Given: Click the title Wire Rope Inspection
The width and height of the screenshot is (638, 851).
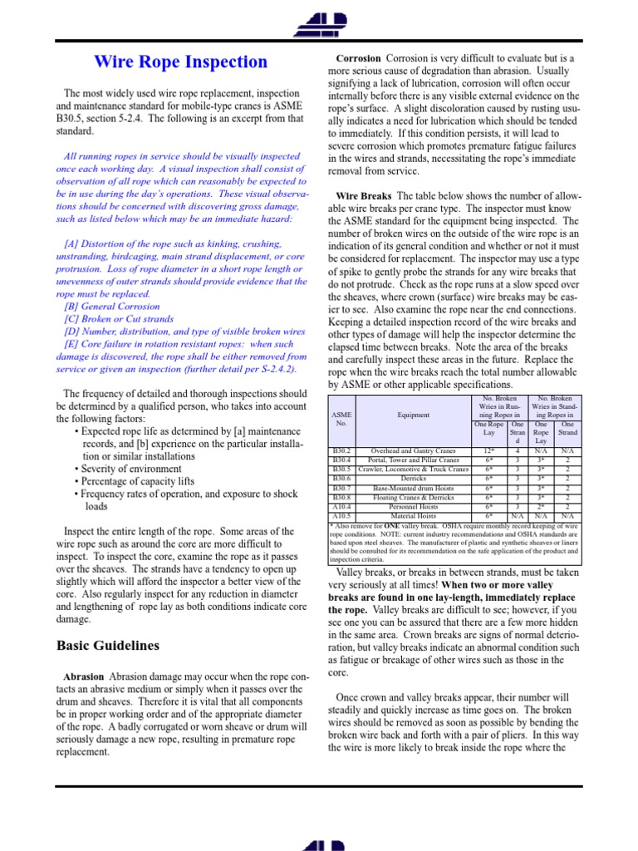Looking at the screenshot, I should (x=180, y=61).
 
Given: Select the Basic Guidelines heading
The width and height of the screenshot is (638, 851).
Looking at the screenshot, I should (x=107, y=645).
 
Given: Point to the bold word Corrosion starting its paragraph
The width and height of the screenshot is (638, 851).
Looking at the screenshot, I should (x=358, y=59).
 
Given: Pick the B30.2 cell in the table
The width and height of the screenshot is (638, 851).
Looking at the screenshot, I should (x=341, y=450).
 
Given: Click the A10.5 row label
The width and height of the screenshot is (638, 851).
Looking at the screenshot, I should (x=341, y=515).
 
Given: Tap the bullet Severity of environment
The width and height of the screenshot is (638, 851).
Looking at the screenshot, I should (x=133, y=469).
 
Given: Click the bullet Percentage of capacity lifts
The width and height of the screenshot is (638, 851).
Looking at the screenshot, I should (x=139, y=481).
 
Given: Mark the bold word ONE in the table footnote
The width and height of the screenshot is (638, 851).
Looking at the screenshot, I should (x=393, y=525).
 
